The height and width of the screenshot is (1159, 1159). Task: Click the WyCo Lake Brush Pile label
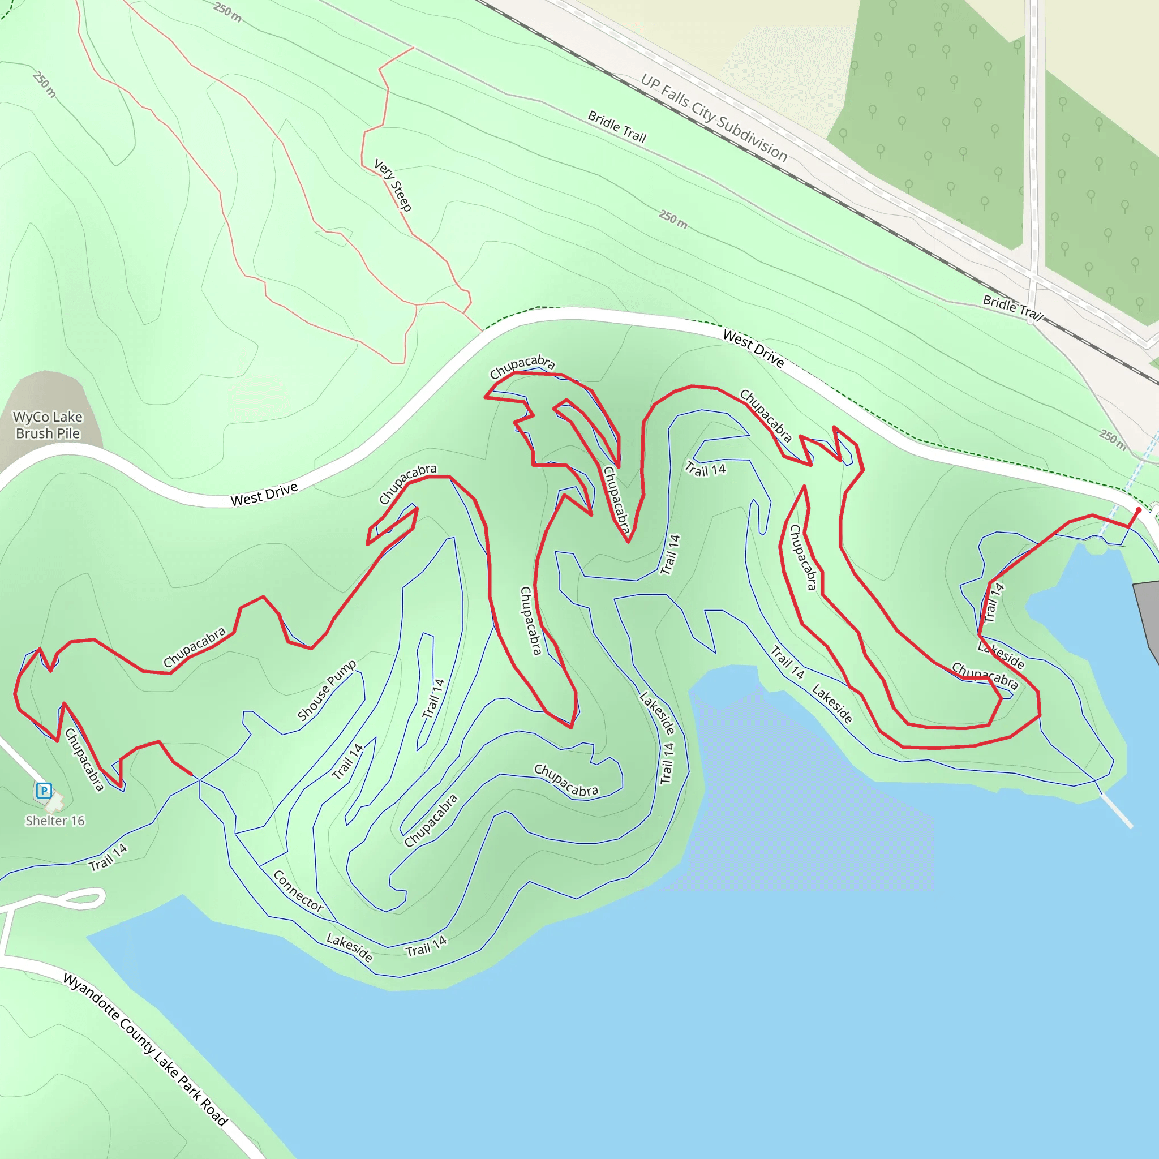coord(48,425)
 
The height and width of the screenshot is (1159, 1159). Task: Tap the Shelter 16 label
coord(54,821)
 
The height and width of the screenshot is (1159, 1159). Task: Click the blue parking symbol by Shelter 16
coord(43,790)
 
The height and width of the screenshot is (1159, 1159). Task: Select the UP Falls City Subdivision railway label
coord(714,118)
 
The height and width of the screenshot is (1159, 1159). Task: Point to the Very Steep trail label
coord(393,184)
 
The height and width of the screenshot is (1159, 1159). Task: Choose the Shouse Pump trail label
coord(327,690)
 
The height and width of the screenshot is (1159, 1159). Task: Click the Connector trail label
coord(298,891)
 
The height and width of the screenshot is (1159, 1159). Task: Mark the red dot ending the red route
coord(1138,510)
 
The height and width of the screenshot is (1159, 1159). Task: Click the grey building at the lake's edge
coord(1147,618)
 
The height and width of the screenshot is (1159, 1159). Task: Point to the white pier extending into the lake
coord(1117,812)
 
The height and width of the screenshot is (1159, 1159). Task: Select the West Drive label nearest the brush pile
coord(264,494)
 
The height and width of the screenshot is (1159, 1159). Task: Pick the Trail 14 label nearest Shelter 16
coord(108,857)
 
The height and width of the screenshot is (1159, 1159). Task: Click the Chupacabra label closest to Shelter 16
coord(84,759)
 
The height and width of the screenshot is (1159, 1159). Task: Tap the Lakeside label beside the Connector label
coord(349,947)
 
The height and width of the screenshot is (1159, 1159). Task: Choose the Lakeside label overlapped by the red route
coord(1001,655)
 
